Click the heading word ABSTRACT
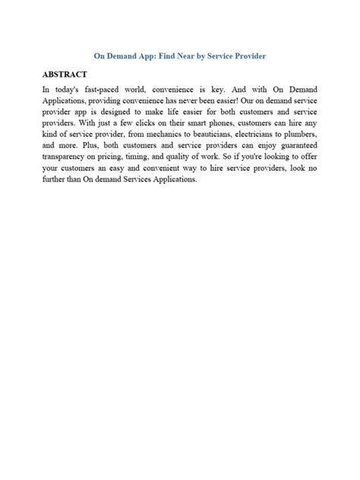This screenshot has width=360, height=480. pos(65,75)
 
